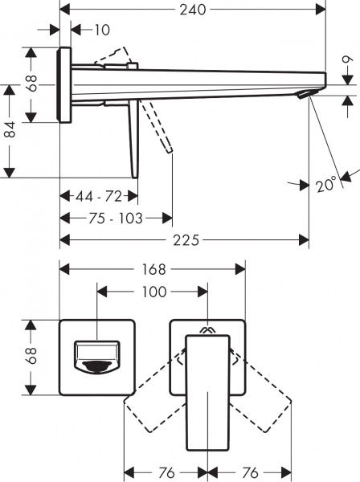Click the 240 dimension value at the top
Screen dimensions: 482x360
pyautogui.click(x=194, y=10)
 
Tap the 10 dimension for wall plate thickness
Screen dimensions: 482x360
pyautogui.click(x=101, y=31)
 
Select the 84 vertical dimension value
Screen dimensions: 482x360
pyautogui.click(x=10, y=129)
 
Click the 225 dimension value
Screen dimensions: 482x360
pyautogui.click(x=186, y=241)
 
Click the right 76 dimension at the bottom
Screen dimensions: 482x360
pyautogui.click(x=251, y=472)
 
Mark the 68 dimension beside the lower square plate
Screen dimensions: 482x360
pyautogui.click(x=33, y=357)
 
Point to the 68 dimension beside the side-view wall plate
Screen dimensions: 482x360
pyautogui.click(x=33, y=84)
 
